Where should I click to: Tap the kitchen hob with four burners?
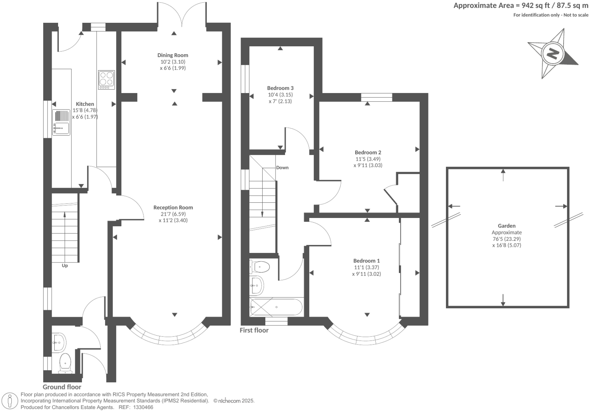[106, 80]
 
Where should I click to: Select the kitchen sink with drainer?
[61, 123]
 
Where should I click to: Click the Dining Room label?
[173, 55]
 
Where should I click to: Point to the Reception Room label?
[173, 207]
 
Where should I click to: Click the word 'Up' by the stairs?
[65, 265]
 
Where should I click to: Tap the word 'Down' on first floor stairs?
[282, 167]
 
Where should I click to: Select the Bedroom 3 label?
[280, 88]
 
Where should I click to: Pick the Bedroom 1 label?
[366, 260]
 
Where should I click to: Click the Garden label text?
[507, 226]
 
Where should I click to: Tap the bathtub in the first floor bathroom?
[276, 307]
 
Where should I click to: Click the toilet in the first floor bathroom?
[260, 267]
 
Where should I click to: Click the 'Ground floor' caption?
[62, 387]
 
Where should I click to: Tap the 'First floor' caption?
[254, 330]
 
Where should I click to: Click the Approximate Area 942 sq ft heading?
[521, 6]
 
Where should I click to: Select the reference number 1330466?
[142, 407]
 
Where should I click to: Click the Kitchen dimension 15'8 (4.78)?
[85, 110]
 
